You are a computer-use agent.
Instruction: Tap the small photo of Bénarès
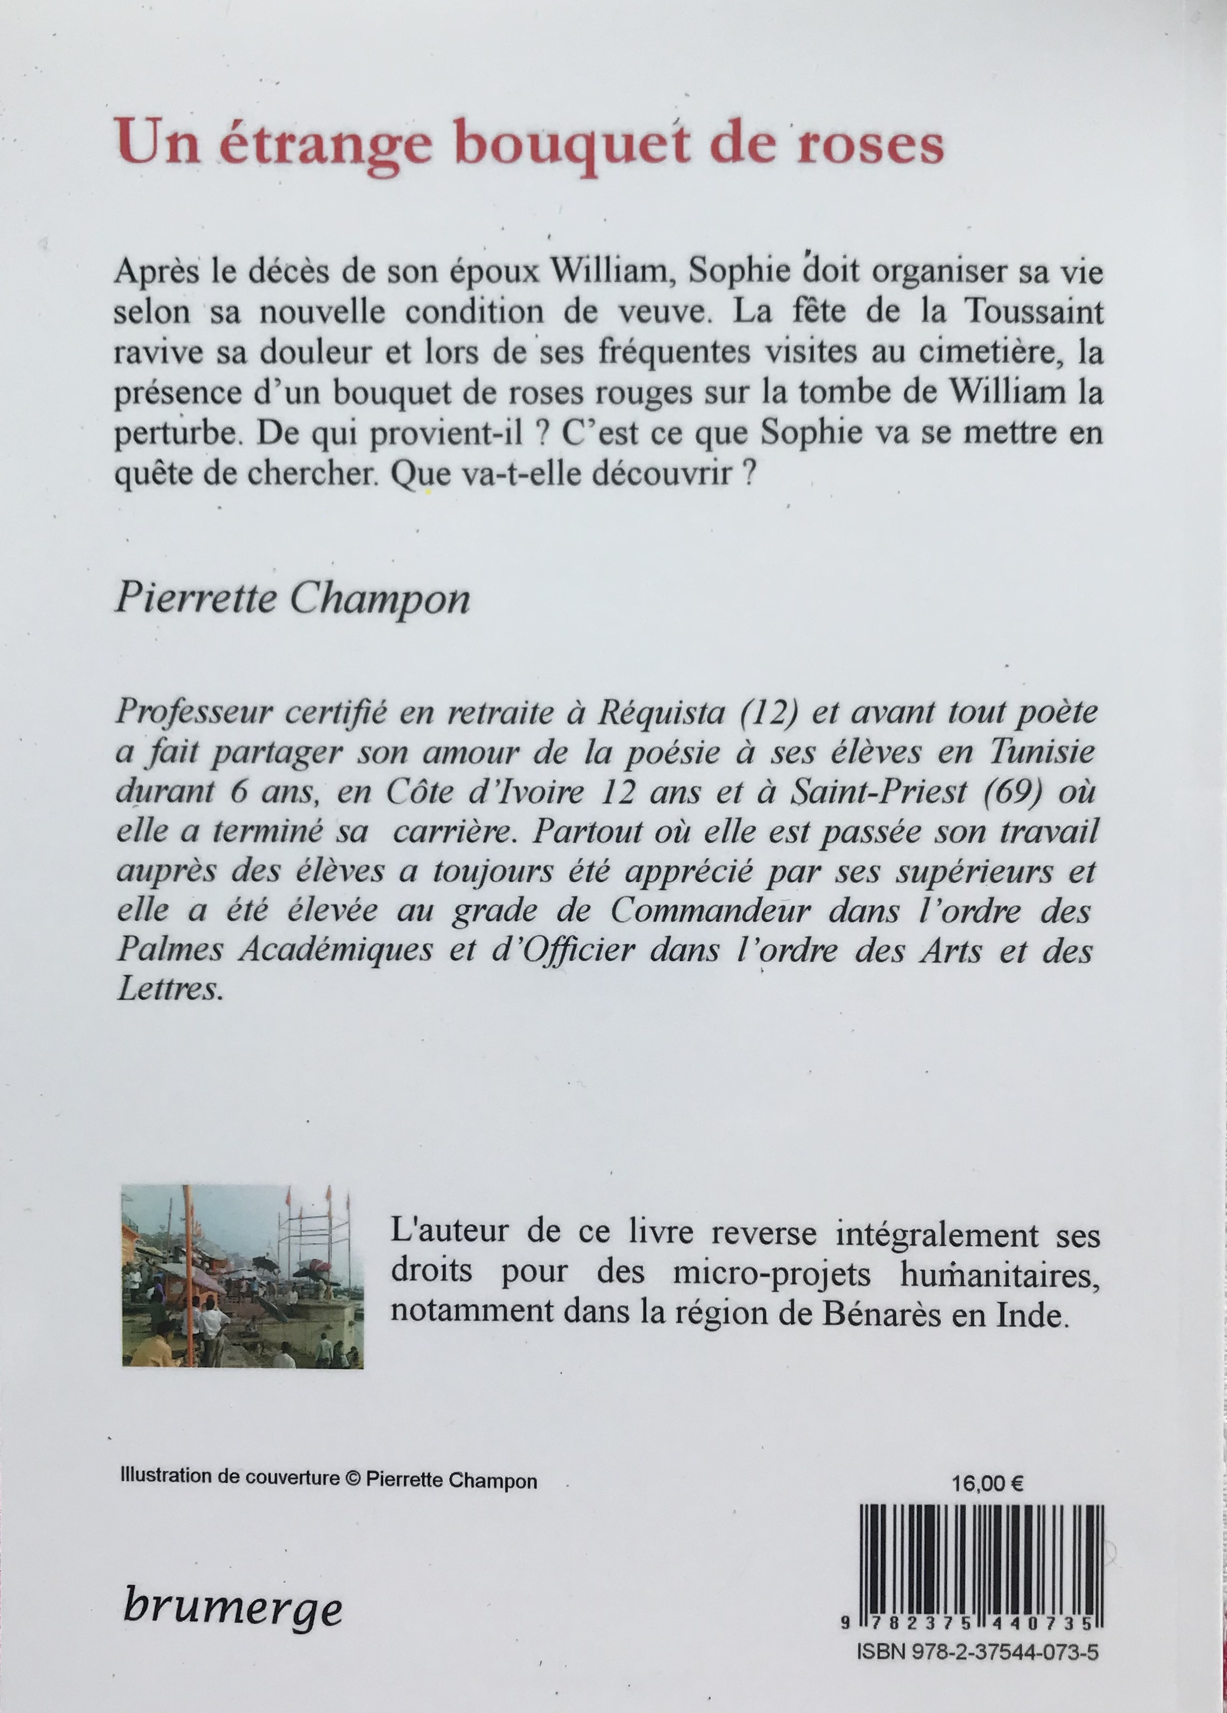tap(242, 1277)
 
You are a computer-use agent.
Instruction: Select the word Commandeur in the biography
tap(710, 912)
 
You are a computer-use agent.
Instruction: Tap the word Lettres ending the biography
tap(170, 991)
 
